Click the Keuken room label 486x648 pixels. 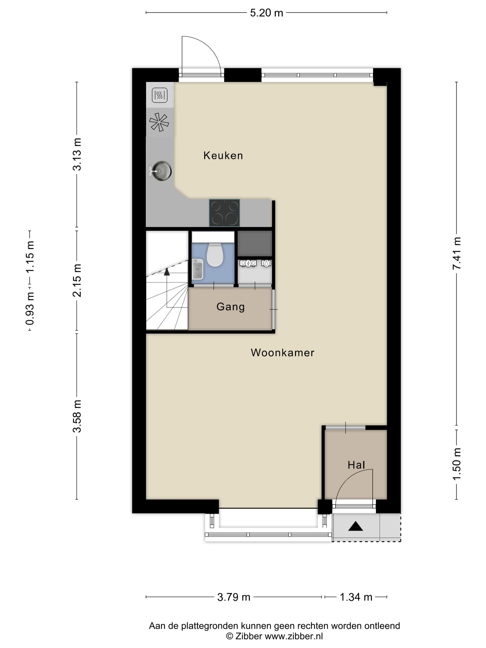coord(223,156)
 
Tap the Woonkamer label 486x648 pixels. coord(282,352)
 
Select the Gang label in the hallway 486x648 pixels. coord(231,307)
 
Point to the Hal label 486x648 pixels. coord(356,465)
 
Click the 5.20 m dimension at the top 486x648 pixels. coord(266,13)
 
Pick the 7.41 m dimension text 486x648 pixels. coord(457,253)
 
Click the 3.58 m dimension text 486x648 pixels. coord(77,416)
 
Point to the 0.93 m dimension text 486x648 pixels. coord(30,308)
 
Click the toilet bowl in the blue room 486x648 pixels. coord(215,255)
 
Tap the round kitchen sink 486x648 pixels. coord(161,171)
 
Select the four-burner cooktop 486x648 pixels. coord(224,213)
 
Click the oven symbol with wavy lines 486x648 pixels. coord(160,95)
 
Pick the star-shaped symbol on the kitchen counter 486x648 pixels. coord(159,122)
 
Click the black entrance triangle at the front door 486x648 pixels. coord(355,526)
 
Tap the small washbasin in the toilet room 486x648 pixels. coord(198,269)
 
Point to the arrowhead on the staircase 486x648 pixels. coord(167,271)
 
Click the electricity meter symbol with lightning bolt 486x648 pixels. coord(248,263)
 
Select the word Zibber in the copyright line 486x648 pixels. coord(248,636)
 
